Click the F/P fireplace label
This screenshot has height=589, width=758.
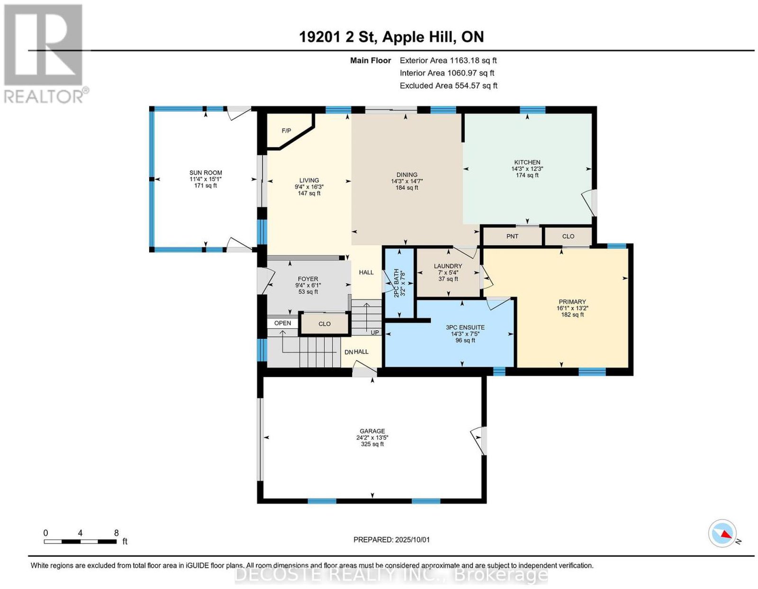286,131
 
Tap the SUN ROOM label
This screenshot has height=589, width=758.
206,172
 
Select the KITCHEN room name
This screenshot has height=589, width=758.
527,162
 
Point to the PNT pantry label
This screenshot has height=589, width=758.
512,236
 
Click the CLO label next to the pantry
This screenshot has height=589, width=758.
568,236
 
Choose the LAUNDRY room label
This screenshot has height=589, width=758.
448,266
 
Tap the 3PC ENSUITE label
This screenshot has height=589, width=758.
465,327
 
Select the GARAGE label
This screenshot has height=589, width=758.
372,431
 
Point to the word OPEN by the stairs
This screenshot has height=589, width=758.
282,323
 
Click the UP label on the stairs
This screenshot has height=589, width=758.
375,332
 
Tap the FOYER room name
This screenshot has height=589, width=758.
307,279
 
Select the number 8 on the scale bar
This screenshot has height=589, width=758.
116,533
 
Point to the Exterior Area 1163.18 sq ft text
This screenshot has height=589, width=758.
448,60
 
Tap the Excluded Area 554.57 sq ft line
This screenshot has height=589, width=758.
449,85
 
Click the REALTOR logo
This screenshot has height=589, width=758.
45,54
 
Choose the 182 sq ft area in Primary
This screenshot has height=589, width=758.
572,315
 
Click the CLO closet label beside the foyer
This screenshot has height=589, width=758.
325,324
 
